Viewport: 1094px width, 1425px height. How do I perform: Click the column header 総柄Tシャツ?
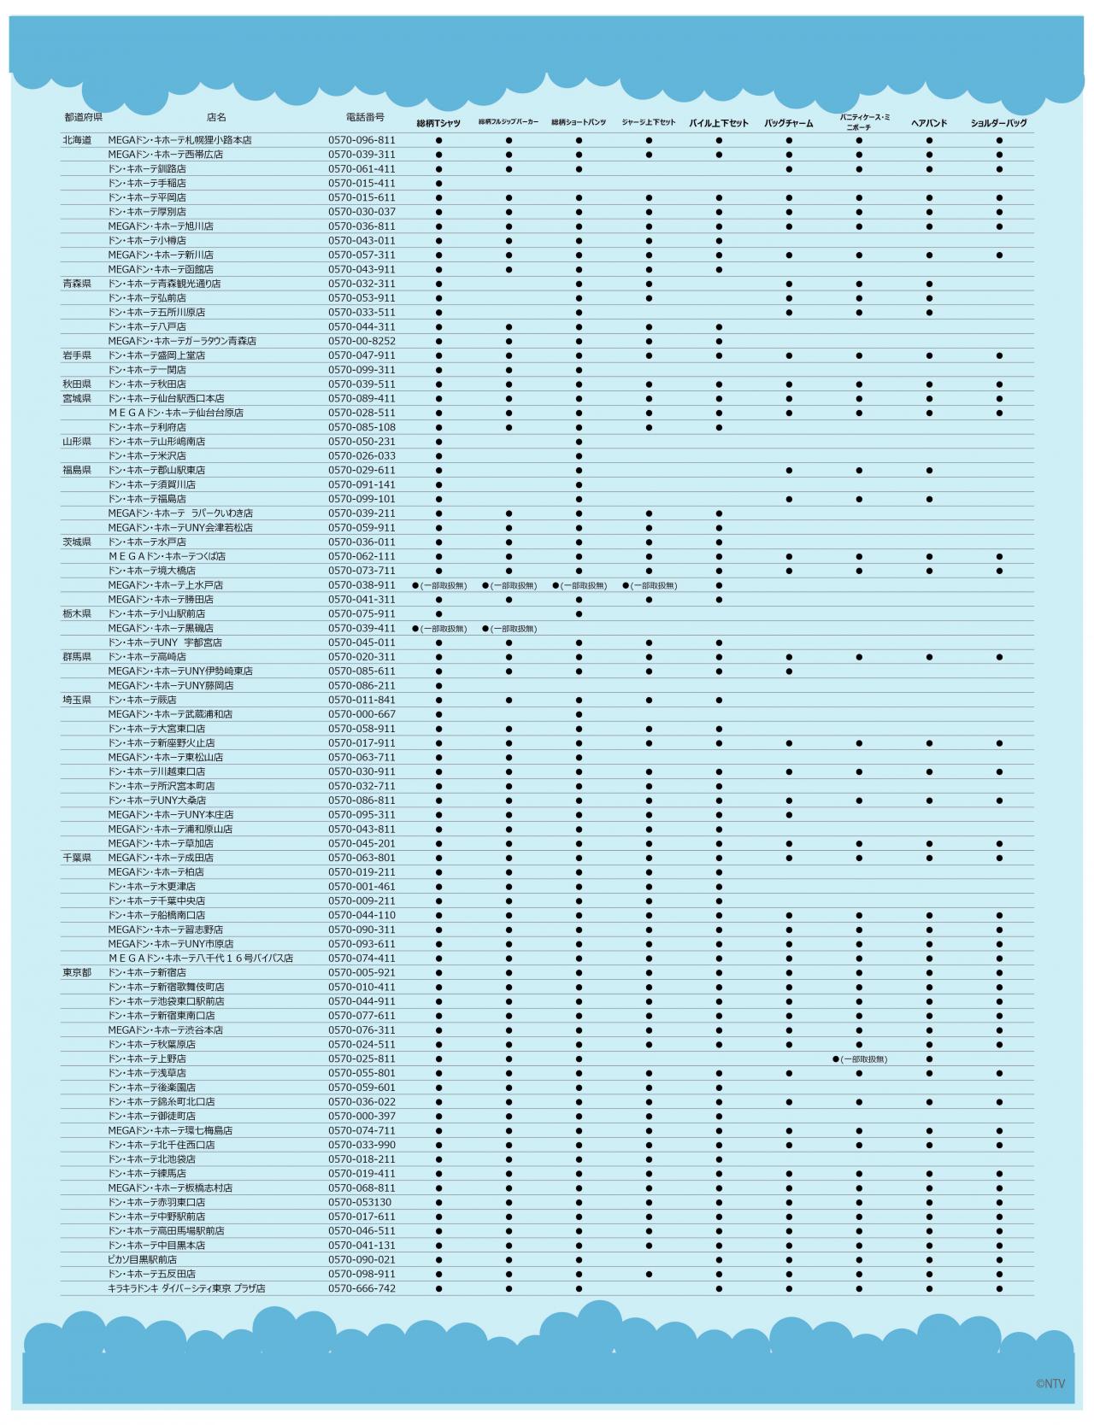click(x=438, y=123)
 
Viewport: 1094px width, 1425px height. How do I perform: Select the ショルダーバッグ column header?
click(x=998, y=123)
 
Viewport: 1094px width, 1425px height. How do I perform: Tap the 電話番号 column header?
click(x=365, y=117)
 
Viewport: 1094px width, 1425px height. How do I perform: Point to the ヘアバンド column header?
click(x=929, y=123)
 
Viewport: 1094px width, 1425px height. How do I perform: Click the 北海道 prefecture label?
click(x=77, y=140)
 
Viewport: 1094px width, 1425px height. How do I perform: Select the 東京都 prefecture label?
click(x=77, y=972)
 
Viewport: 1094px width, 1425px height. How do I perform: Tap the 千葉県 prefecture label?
click(x=77, y=858)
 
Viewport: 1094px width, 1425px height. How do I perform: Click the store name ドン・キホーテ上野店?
click(x=147, y=1058)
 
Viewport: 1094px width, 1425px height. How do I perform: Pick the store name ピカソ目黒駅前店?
click(x=143, y=1259)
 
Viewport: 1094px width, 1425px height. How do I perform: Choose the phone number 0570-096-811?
click(x=362, y=140)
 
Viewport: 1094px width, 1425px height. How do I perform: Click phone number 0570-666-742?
click(x=362, y=1288)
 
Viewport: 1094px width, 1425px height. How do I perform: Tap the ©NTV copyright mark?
click(x=1050, y=1384)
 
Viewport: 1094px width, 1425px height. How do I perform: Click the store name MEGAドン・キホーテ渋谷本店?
click(x=166, y=1030)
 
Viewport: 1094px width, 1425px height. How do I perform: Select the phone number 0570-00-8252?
click(x=362, y=341)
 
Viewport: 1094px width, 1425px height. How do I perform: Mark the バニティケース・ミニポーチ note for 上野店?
click(x=860, y=1059)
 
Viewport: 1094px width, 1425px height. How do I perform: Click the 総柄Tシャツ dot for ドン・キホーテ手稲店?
click(x=438, y=183)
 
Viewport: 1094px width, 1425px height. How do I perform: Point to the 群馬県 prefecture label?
click(x=77, y=657)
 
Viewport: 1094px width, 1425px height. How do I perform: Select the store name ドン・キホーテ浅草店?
click(x=147, y=1073)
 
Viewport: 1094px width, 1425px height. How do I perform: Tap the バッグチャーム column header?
click(x=788, y=123)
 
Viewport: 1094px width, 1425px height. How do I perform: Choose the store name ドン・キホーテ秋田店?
click(x=147, y=384)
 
